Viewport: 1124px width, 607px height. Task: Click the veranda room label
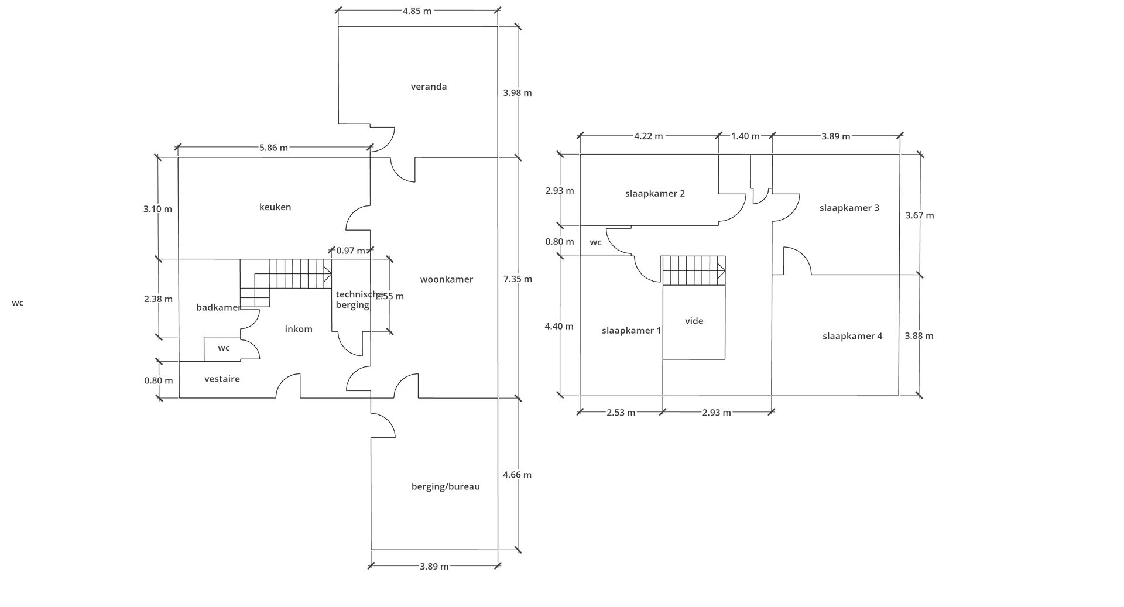click(x=429, y=87)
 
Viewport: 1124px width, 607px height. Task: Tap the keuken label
click(x=275, y=207)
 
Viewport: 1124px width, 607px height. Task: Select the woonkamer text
click(x=447, y=280)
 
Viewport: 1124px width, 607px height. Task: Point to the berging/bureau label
click(x=446, y=486)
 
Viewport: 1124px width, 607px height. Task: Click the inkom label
click(x=299, y=329)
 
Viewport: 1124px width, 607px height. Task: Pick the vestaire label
click(x=222, y=379)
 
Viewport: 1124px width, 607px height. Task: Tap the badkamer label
click(x=218, y=307)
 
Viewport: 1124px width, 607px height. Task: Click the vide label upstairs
click(x=694, y=321)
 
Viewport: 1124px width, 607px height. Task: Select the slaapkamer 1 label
click(x=632, y=331)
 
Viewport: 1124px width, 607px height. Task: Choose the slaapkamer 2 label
click(x=655, y=194)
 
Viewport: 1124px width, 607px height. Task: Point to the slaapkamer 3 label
click(x=849, y=208)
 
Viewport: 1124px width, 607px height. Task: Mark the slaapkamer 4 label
click(x=852, y=336)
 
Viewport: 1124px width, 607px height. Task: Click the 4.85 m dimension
click(x=417, y=11)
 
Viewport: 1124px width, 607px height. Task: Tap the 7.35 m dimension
click(x=518, y=279)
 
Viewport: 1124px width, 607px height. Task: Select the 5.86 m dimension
click(x=273, y=148)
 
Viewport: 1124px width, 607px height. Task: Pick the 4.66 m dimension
click(x=518, y=475)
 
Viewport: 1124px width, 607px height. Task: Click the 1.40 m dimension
click(x=745, y=136)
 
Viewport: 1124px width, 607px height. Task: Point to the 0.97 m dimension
click(x=351, y=251)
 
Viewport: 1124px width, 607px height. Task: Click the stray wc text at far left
click(x=18, y=303)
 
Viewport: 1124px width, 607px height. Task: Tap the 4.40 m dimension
click(x=559, y=327)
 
